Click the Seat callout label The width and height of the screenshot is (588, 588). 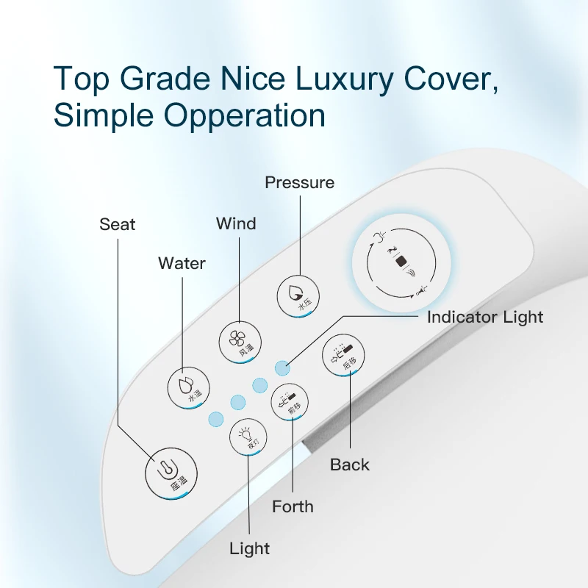pyautogui.click(x=118, y=224)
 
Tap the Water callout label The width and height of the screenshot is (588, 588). pyautogui.click(x=182, y=263)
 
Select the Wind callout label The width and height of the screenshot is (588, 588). pyautogui.click(x=236, y=223)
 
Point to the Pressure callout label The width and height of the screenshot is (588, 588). pyautogui.click(x=299, y=182)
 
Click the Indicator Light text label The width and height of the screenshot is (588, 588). pyautogui.click(x=485, y=318)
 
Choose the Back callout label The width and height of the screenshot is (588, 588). pyautogui.click(x=350, y=465)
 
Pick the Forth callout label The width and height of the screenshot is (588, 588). pyautogui.click(x=293, y=506)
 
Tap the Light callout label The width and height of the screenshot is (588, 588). pyautogui.click(x=250, y=548)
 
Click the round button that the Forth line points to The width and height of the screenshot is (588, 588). pyautogui.click(x=290, y=401)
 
